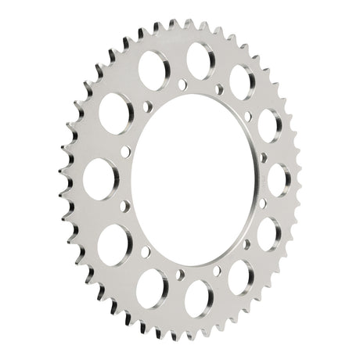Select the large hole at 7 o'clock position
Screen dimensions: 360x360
click(152, 286)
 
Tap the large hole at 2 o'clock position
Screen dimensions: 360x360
click(269, 125)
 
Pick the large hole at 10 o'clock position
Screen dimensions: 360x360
click(115, 113)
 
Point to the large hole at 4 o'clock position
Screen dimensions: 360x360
click(268, 233)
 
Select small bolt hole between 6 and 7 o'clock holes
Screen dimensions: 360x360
click(179, 275)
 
